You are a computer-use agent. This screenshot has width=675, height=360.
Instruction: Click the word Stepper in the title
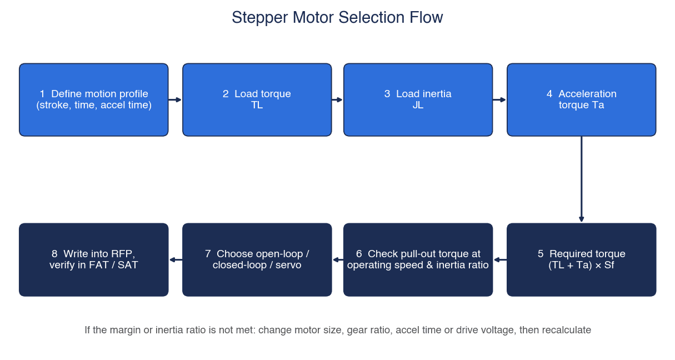tap(260, 18)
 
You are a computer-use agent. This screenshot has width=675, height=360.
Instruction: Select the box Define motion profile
tap(94, 99)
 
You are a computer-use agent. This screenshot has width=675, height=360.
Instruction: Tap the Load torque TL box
tap(257, 99)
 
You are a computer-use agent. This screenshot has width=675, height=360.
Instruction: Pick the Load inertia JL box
tap(418, 99)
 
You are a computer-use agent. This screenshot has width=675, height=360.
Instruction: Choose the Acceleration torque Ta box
tap(581, 99)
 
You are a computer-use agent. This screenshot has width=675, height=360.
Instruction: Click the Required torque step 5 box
tap(581, 259)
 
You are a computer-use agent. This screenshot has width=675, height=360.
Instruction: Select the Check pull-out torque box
tap(418, 259)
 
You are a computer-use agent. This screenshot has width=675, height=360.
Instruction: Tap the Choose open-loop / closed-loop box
tap(257, 259)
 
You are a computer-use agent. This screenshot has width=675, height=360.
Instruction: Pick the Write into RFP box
tap(94, 259)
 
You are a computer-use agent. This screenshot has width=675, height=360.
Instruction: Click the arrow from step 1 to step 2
tap(175, 99)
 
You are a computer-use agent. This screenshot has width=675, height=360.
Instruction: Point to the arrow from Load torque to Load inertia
tap(338, 99)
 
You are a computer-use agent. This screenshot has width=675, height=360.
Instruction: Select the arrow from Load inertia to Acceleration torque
tap(499, 99)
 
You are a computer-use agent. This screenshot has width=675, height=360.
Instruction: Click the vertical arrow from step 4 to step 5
tap(581, 179)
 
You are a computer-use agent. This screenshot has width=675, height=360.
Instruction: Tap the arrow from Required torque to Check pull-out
tap(500, 259)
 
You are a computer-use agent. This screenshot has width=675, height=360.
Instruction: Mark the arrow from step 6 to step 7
tap(338, 259)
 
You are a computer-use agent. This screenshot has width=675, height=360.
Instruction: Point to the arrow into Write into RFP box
tap(176, 259)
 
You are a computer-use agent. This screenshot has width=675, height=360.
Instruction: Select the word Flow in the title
tap(426, 17)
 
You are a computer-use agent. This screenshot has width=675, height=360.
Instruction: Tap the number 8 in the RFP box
tap(54, 254)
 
